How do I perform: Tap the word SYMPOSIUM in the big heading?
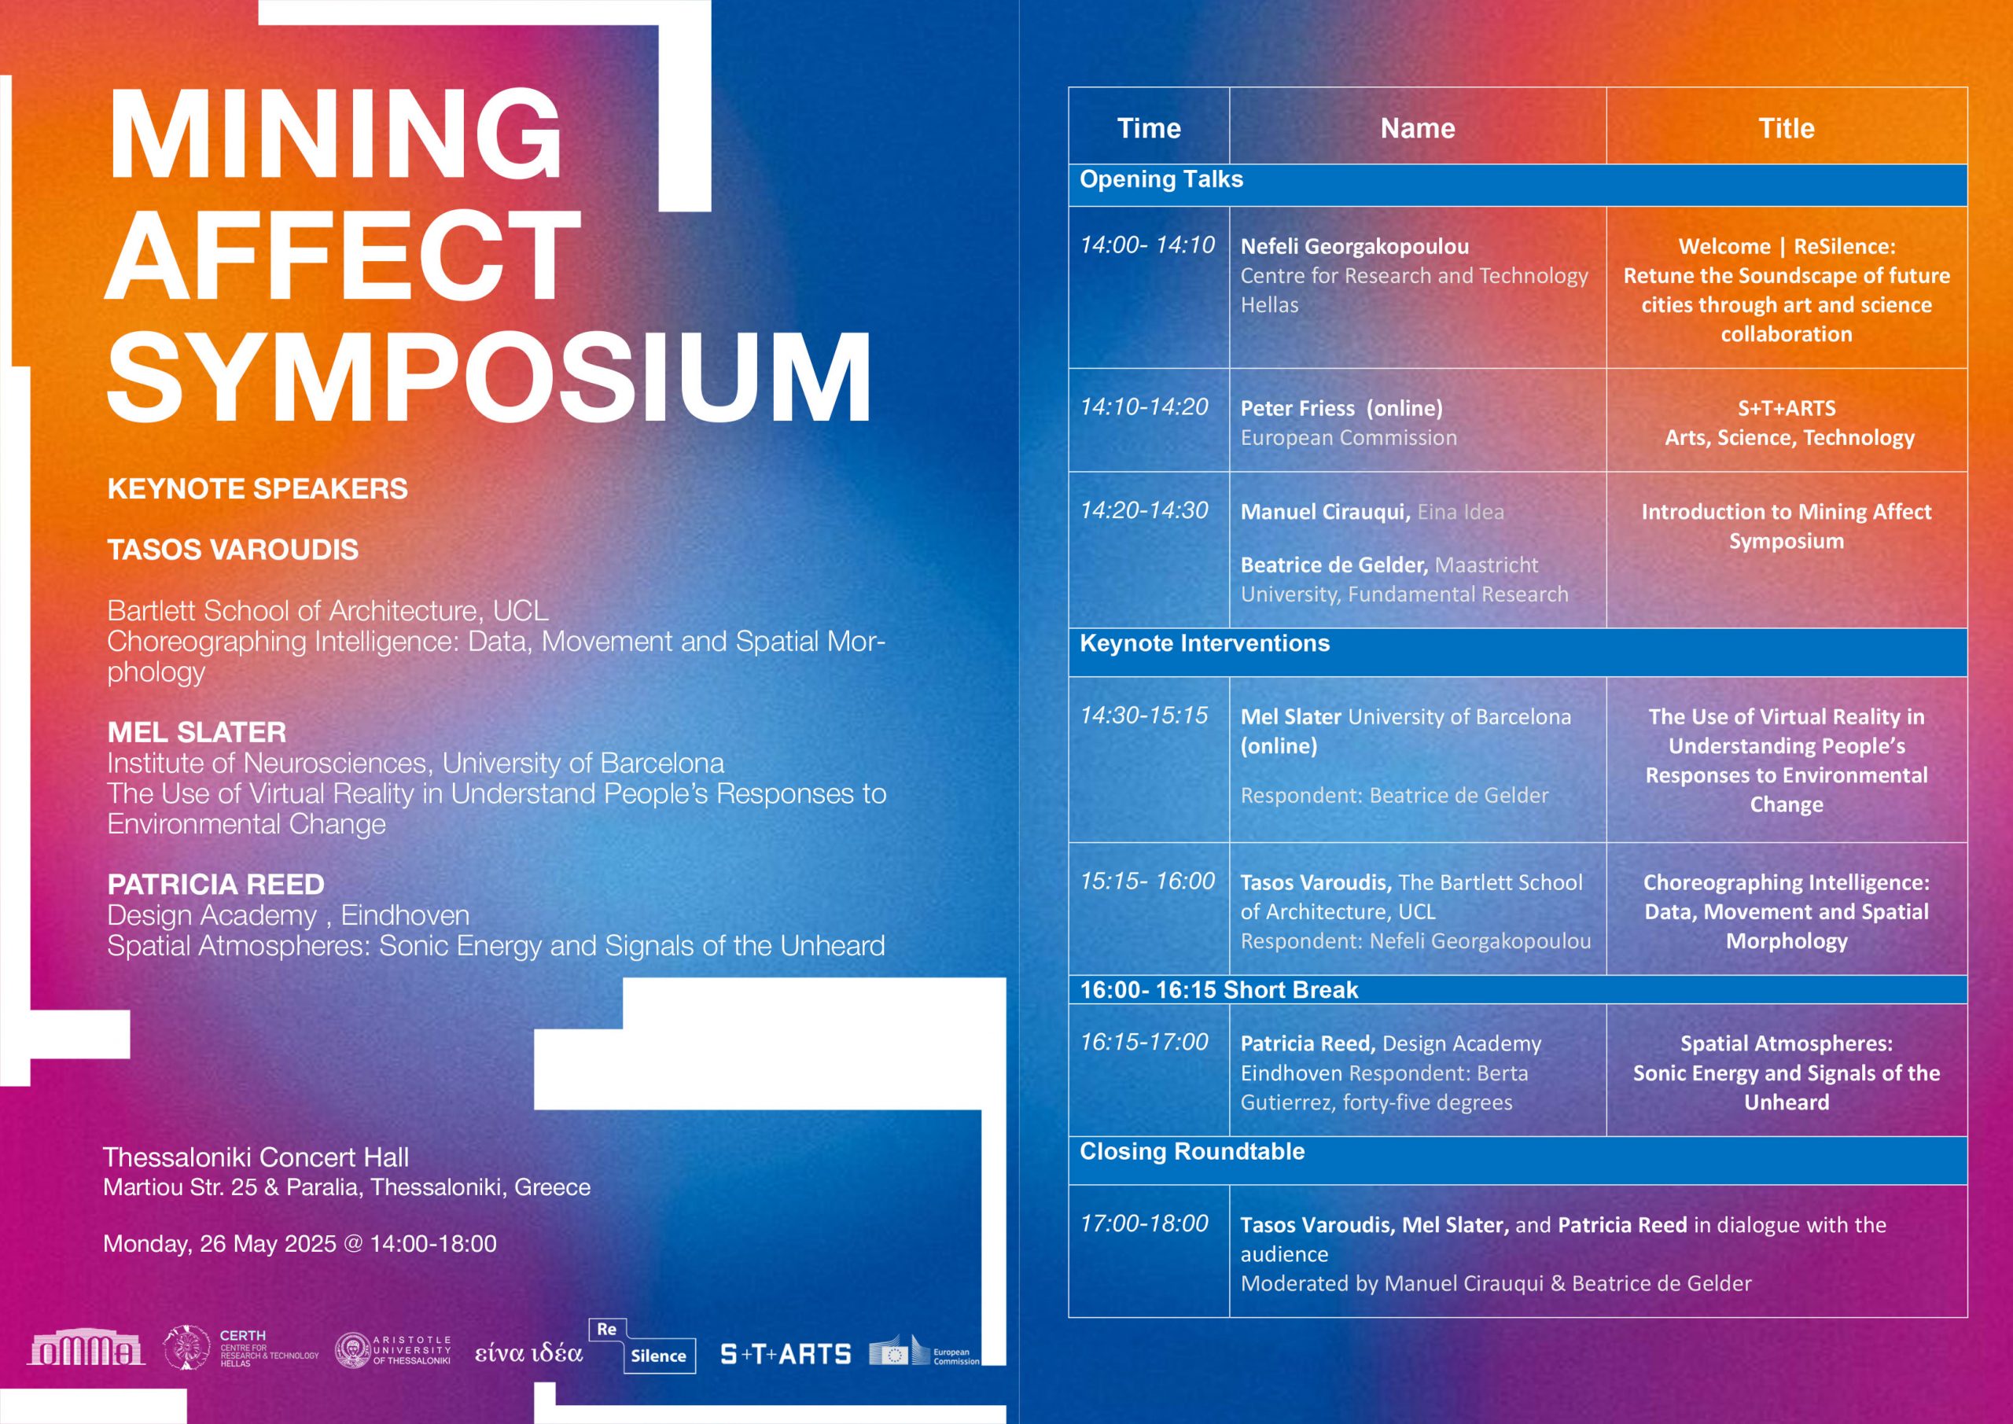[x=489, y=377]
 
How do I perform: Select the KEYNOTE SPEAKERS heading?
[x=257, y=488]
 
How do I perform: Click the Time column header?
[x=1149, y=128]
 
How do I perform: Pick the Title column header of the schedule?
[x=1786, y=128]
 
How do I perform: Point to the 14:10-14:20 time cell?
[x=1144, y=407]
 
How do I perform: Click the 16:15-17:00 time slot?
[x=1144, y=1042]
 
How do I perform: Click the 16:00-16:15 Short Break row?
[x=1219, y=990]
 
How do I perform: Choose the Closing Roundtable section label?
[x=1191, y=1151]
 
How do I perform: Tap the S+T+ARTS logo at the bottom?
[x=786, y=1355]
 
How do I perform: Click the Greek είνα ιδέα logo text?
[x=528, y=1353]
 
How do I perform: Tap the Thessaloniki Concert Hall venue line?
[x=256, y=1157]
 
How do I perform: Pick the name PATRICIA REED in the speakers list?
[x=215, y=884]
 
